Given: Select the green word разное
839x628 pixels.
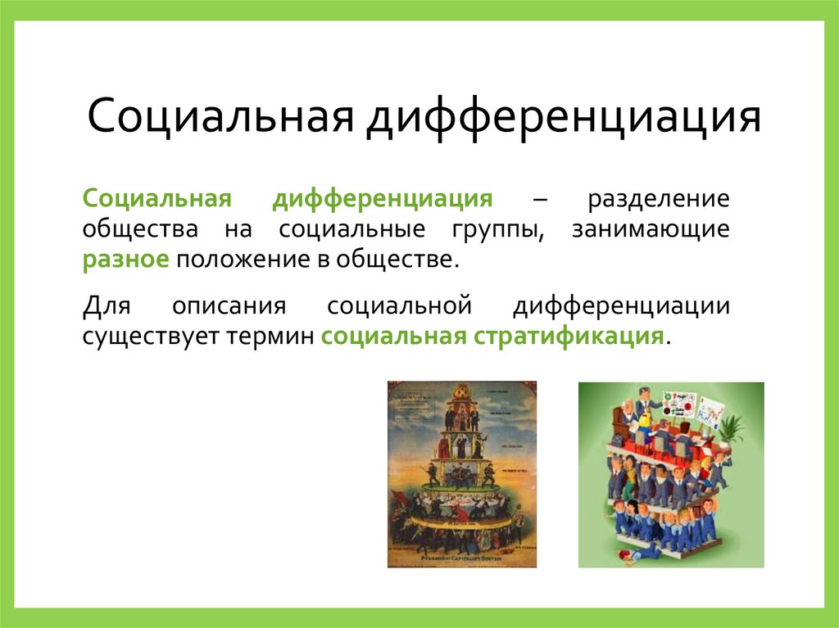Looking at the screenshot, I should (125, 260).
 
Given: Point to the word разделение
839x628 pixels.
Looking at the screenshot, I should (657, 199).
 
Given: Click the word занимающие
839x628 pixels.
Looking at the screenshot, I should (651, 230).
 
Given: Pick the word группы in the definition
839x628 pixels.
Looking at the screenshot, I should (497, 230).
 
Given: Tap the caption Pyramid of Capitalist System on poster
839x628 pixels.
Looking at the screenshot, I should (464, 557).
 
